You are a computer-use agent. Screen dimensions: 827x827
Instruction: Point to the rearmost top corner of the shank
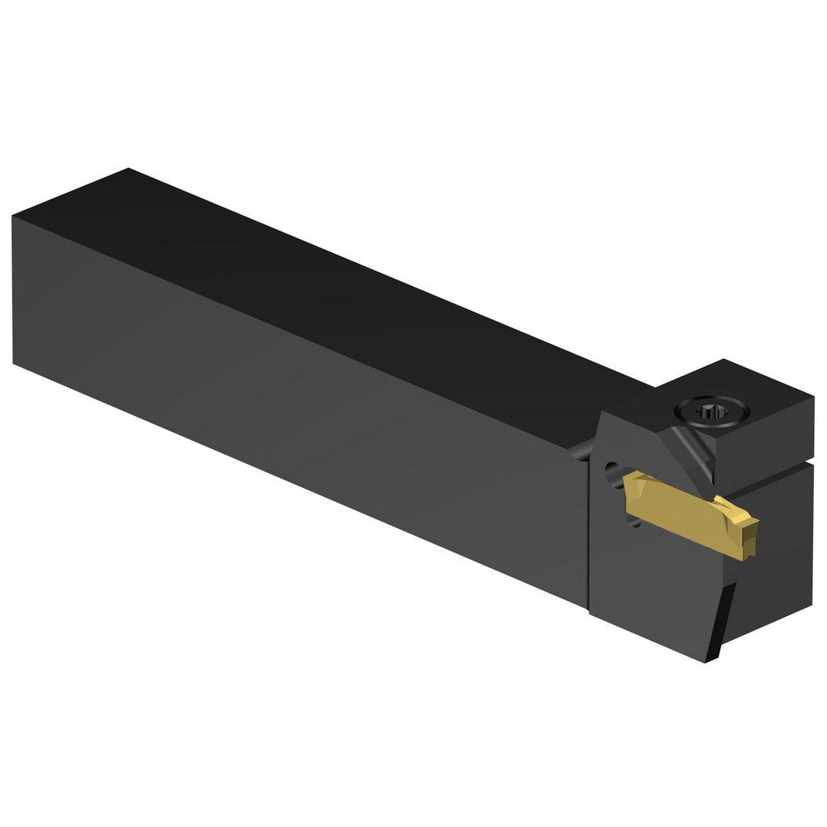128,169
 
